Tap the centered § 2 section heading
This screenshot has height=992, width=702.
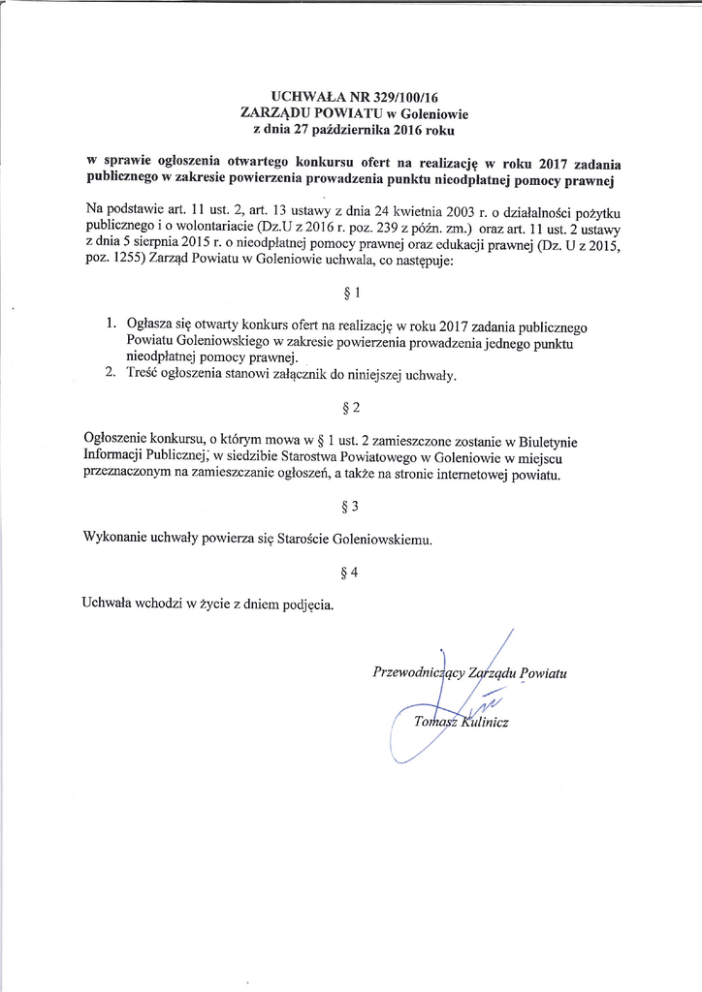coord(351,407)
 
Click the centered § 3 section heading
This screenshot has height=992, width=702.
coord(351,506)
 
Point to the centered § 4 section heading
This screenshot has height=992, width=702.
coord(351,573)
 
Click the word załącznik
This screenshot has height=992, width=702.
coord(332,375)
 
